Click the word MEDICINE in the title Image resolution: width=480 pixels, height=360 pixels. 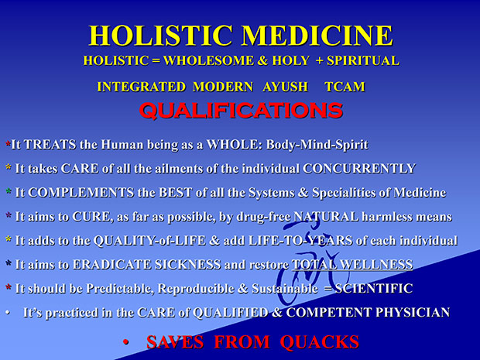[317, 36]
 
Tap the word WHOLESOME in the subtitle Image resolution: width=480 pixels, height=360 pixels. [208, 60]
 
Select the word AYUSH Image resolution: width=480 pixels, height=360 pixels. [285, 87]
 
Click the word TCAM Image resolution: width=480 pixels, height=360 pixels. [345, 87]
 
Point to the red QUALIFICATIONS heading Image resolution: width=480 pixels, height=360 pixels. [241, 110]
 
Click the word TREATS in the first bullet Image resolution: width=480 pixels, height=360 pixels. [50, 145]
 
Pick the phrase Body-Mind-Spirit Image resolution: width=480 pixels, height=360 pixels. [317, 145]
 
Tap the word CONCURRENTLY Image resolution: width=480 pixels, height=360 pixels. [359, 169]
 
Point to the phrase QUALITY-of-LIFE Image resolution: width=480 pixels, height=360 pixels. [149, 241]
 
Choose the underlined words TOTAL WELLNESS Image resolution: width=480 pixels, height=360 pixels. [352, 265]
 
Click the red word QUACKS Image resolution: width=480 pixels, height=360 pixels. [319, 342]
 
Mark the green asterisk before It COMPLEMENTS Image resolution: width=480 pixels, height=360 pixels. [9, 191]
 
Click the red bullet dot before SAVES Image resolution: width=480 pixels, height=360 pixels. [125, 342]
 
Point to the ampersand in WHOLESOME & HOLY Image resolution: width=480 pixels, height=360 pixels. [262, 60]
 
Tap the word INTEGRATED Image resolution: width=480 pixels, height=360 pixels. [142, 87]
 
